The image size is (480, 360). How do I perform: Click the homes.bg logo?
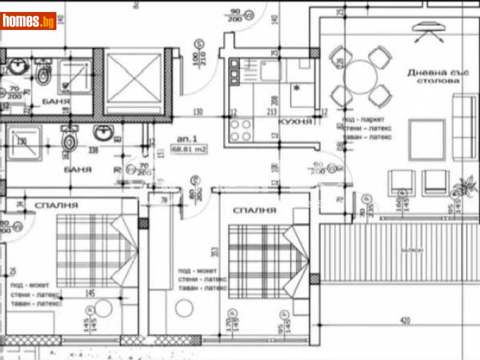29,21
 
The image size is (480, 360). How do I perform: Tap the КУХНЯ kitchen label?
295,121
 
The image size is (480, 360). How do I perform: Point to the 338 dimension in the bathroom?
93,151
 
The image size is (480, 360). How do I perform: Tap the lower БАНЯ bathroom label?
77,170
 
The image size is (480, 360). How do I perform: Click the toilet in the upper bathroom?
44,75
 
